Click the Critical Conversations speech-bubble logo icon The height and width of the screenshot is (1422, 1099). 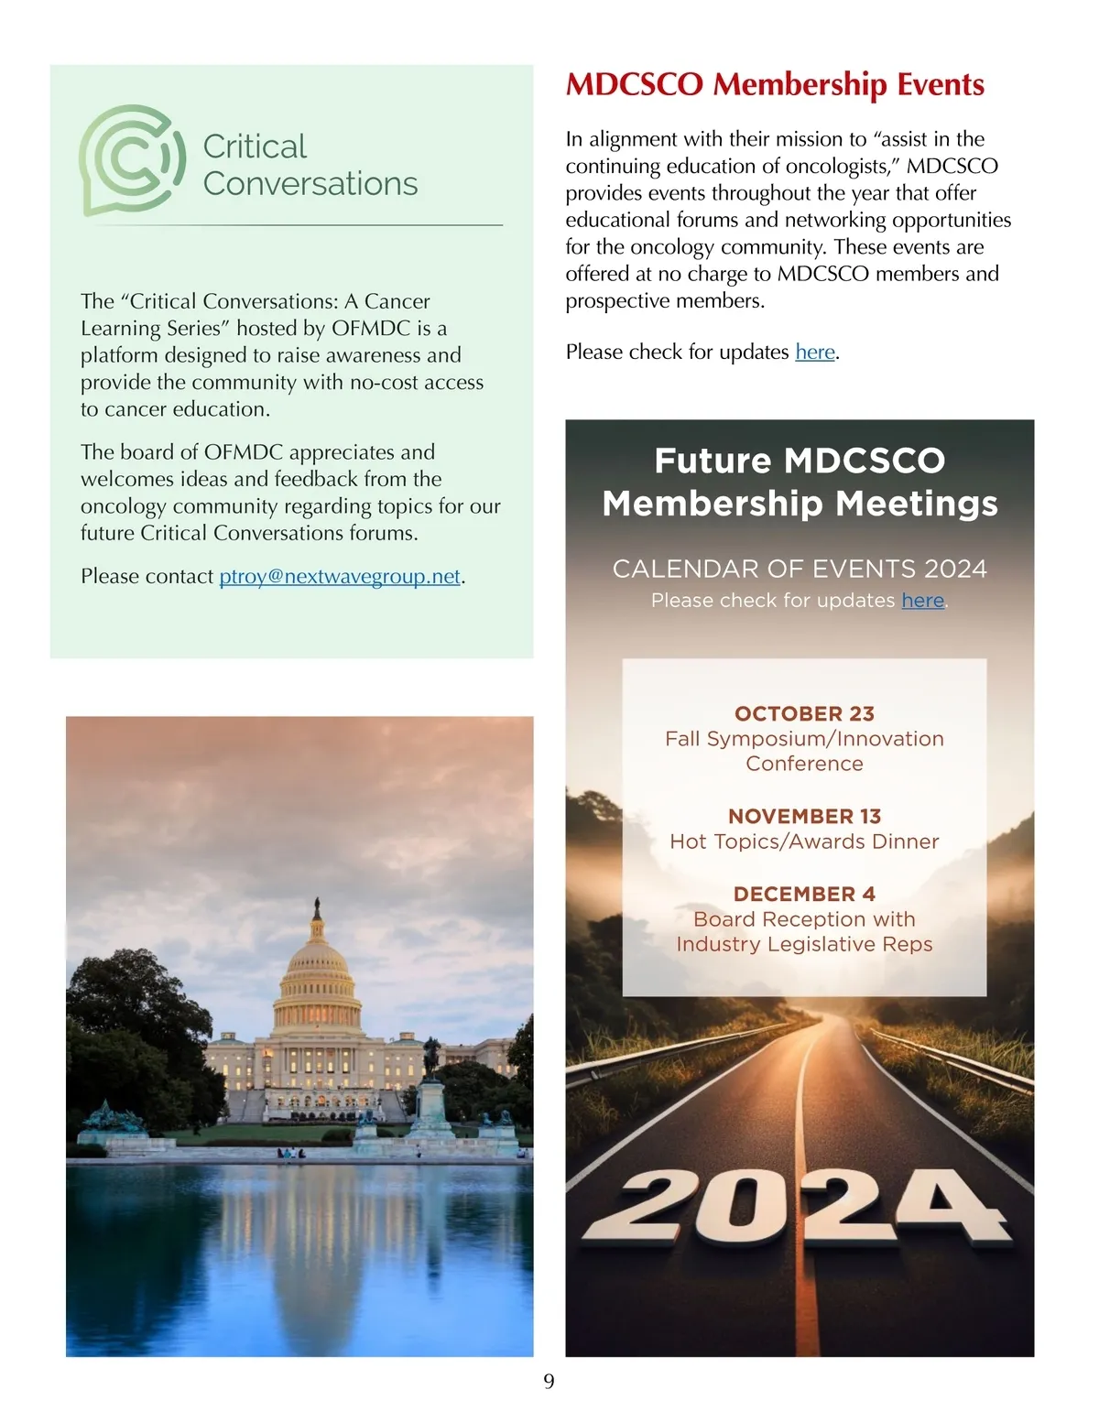coord(130,159)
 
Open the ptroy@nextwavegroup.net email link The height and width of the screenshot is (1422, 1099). coord(340,576)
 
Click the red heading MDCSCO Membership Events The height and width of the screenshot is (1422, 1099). coord(775,84)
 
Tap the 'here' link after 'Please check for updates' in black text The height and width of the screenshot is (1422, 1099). coord(815,353)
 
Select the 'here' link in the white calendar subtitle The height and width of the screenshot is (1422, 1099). coord(922,601)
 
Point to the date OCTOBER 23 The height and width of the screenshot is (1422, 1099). coord(804,713)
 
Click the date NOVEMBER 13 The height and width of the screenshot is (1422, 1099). coord(804,816)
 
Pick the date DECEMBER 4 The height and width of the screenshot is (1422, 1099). coord(804,894)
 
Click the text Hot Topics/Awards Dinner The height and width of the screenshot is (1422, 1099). coord(804,841)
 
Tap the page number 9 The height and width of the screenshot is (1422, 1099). coord(549,1381)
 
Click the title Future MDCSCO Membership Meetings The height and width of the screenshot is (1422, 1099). coord(800,482)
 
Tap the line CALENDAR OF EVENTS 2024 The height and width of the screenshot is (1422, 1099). coord(800,569)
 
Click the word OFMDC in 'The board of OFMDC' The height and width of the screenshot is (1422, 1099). coord(244,452)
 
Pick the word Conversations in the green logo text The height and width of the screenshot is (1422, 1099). coord(310,184)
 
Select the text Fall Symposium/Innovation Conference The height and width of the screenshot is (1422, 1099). coord(804,751)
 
